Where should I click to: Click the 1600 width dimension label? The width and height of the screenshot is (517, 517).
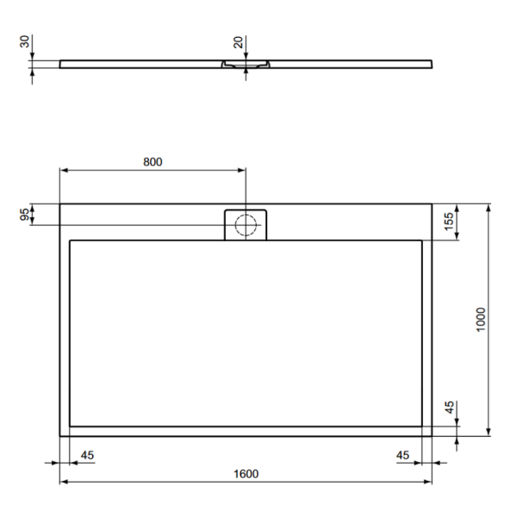click(246, 474)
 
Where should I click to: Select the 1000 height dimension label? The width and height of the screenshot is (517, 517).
click(481, 320)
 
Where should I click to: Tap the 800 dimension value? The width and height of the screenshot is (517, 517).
click(153, 161)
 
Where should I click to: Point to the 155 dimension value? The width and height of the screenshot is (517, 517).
click(449, 221)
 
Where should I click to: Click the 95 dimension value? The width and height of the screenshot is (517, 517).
click(24, 215)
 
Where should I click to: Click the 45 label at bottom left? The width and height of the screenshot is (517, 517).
click(86, 455)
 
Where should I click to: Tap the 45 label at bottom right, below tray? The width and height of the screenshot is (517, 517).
click(404, 455)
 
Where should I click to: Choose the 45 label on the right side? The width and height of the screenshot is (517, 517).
click(449, 408)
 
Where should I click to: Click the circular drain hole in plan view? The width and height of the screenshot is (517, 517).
click(246, 225)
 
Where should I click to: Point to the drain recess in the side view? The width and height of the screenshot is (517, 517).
click(246, 65)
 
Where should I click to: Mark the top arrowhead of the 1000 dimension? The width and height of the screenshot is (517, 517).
click(489, 208)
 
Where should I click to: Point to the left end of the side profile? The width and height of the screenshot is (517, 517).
click(61, 63)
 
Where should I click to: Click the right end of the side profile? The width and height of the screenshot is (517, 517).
click(430, 63)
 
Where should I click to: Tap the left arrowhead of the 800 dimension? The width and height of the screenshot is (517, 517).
click(63, 170)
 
